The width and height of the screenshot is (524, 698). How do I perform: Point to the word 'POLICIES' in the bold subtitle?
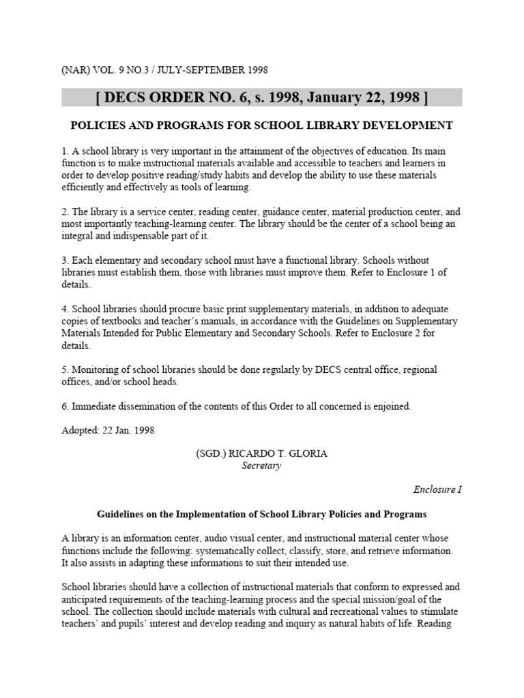[98, 125]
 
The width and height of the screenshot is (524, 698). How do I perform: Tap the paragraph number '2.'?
[65, 212]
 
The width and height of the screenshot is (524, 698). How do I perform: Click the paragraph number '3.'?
[65, 260]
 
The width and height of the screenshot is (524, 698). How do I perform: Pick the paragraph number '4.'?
[65, 309]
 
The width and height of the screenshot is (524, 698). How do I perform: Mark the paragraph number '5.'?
[65, 369]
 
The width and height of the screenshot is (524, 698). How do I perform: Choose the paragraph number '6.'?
[65, 406]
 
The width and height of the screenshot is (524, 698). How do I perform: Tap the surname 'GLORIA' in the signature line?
[308, 454]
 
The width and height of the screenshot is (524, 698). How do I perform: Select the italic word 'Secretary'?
[261, 466]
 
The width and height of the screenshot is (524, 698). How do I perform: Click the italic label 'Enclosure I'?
[437, 490]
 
